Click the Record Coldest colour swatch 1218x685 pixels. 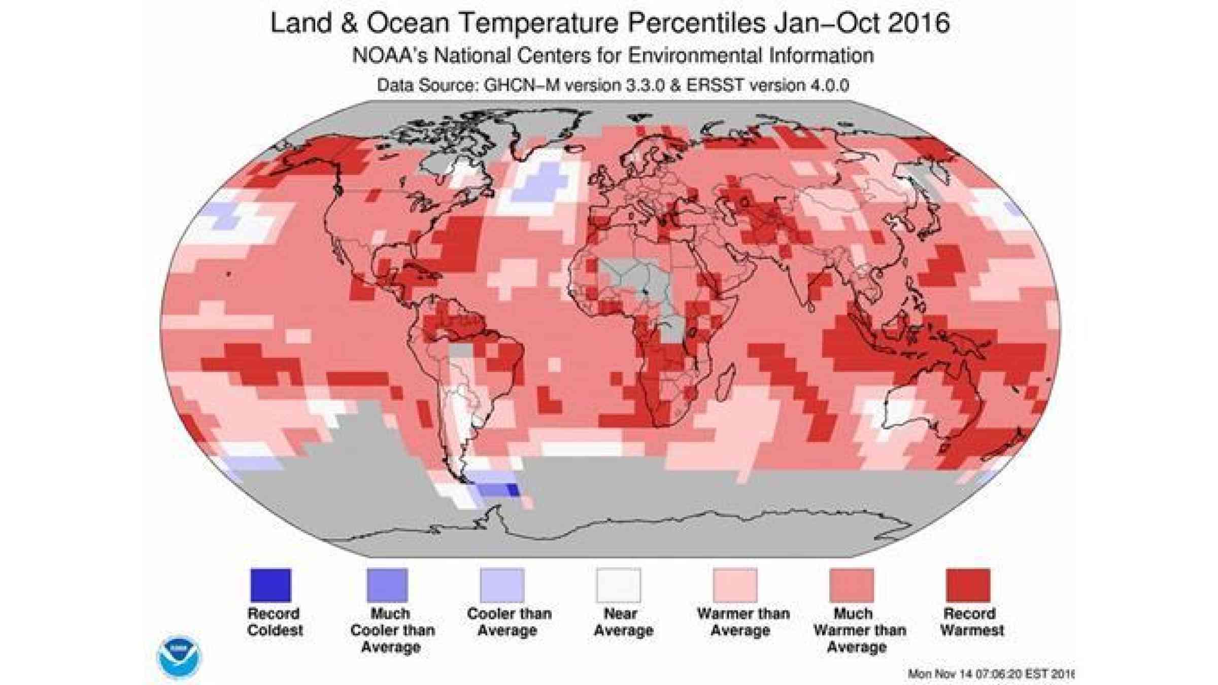(x=270, y=585)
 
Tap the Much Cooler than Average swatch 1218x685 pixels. (x=387, y=585)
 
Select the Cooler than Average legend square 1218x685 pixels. (x=502, y=585)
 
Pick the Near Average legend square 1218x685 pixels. (x=619, y=585)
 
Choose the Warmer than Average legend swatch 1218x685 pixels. (x=735, y=585)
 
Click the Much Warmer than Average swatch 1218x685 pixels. (x=852, y=585)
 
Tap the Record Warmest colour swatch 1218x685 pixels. (x=968, y=585)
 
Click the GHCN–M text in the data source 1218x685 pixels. (x=521, y=85)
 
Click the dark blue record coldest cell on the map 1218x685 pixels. (x=513, y=490)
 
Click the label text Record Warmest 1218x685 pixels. (x=971, y=622)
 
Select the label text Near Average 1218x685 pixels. (x=623, y=622)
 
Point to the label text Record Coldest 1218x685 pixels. (x=275, y=622)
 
